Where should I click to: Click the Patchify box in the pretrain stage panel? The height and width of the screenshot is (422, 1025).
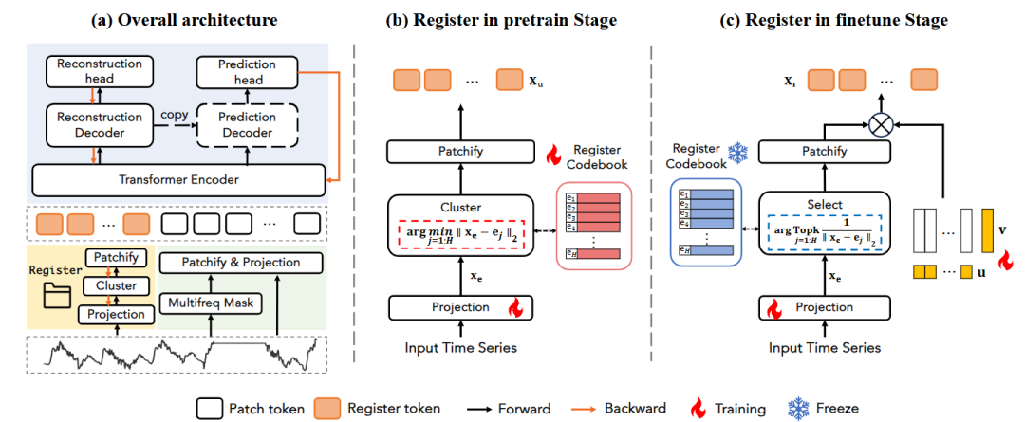coord(457,152)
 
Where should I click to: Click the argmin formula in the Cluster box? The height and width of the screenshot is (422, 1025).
coord(457,234)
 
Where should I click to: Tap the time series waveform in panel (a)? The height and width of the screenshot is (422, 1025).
coord(181,356)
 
